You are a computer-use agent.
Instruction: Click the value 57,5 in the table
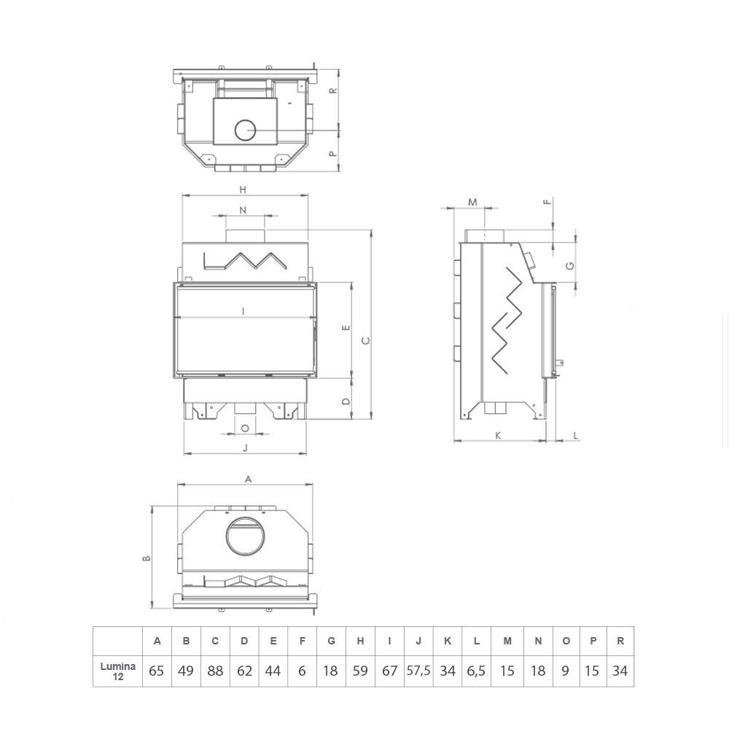coord(418,671)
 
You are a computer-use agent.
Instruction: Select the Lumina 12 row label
coord(118,671)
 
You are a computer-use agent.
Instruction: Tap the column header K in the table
coord(448,641)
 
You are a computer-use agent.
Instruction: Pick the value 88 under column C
coord(215,671)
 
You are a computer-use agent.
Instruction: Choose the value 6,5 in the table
coord(476,671)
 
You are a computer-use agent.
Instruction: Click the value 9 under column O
coord(566,671)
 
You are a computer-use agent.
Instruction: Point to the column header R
coord(620,641)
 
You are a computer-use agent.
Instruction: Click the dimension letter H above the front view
coord(243,190)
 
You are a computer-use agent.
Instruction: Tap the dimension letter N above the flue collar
coord(243,210)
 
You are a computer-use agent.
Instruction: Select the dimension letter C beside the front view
coord(366,340)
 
